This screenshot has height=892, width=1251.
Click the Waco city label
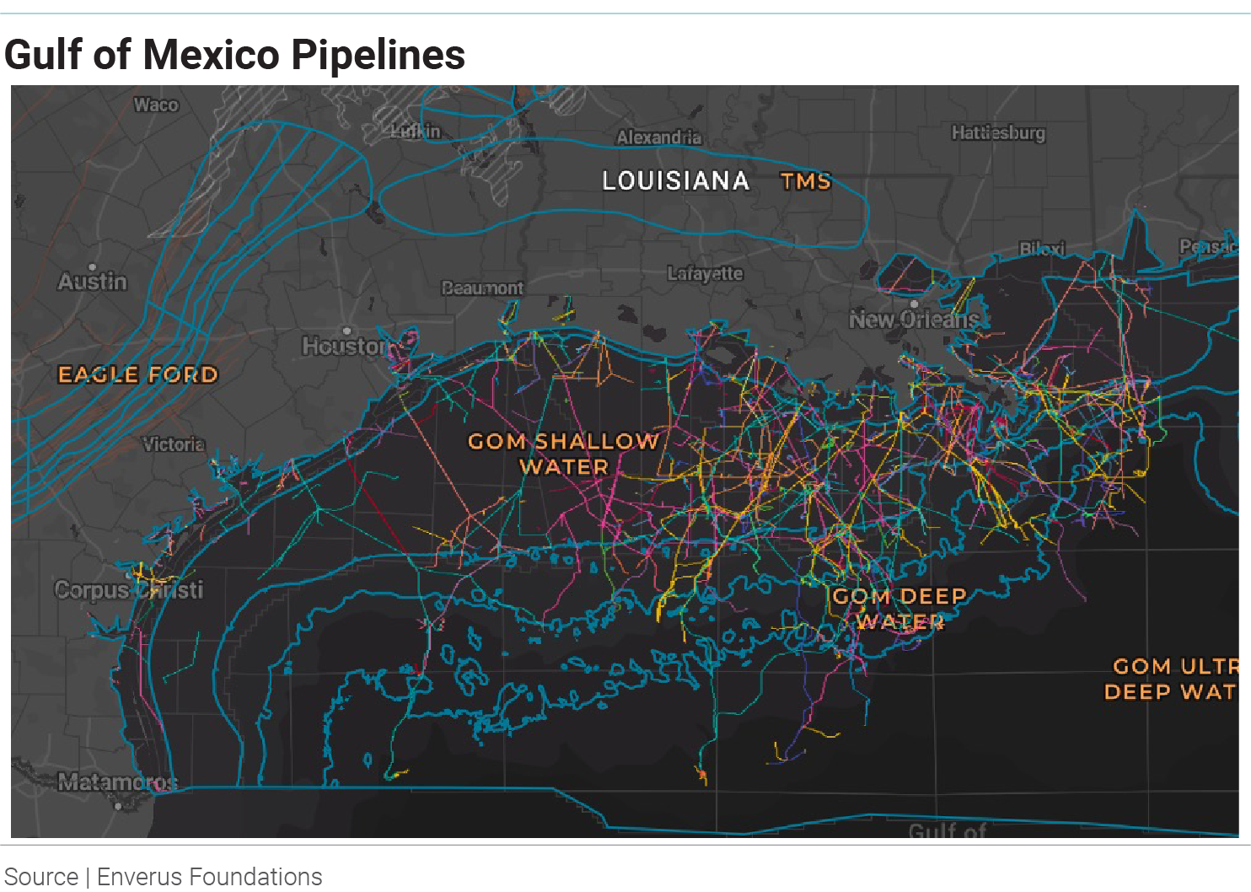click(156, 105)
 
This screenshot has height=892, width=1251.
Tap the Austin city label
click(93, 282)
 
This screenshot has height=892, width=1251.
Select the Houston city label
click(345, 346)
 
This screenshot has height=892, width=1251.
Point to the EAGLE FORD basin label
click(137, 374)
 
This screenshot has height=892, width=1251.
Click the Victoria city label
click(173, 444)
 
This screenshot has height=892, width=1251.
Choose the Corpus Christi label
click(128, 589)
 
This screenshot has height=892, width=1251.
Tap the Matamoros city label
click(117, 782)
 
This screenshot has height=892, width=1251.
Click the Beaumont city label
click(482, 288)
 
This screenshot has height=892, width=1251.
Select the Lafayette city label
click(705, 273)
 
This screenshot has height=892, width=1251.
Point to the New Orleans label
click(914, 320)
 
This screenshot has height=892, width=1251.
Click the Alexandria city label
click(658, 137)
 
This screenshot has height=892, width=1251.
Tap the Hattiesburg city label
click(997, 133)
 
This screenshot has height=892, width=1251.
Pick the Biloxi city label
click(1042, 249)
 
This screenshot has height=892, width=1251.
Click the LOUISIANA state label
click(675, 180)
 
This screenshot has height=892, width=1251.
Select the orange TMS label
click(805, 181)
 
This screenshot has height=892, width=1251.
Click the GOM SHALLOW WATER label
click(563, 454)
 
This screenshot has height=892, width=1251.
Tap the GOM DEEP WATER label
click(899, 609)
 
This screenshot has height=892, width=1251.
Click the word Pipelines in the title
click(378, 55)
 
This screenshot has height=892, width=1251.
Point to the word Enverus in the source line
click(140, 877)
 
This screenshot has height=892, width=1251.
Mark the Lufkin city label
click(416, 132)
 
